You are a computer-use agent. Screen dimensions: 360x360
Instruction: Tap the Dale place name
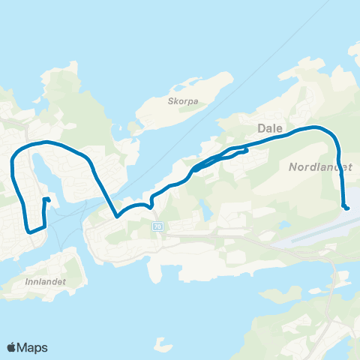point(269,128)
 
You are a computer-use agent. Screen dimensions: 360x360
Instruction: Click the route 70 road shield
point(157,226)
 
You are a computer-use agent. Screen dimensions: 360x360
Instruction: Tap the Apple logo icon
point(12,347)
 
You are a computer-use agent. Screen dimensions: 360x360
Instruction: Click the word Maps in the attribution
point(34,347)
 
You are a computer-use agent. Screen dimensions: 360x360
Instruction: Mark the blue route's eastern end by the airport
point(346,208)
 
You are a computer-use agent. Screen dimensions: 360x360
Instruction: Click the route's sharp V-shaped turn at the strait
point(117,217)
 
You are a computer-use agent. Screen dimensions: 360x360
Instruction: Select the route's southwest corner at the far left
point(28,230)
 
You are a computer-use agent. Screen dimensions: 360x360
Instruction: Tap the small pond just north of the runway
point(283,226)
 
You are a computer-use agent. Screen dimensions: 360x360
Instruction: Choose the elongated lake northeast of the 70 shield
point(204,211)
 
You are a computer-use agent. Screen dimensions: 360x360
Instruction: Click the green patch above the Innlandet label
point(60,262)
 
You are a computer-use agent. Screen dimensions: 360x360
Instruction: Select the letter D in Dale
point(260,128)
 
